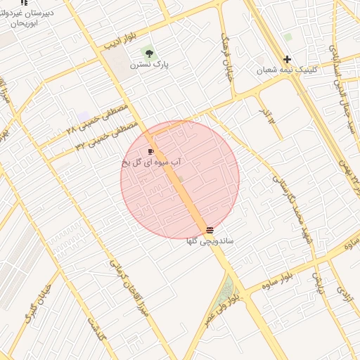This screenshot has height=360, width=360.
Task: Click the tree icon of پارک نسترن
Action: coord(148,53)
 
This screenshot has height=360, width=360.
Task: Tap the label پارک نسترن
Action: coord(149,65)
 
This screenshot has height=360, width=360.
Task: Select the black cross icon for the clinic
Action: coord(287,59)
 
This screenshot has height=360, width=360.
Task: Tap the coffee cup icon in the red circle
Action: coord(151,151)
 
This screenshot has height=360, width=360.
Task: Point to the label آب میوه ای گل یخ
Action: coord(152,162)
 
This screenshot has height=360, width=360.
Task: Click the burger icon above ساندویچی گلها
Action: coord(210,230)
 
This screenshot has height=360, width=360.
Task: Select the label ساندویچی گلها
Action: coord(210,241)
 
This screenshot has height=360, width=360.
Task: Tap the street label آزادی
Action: coord(344,299)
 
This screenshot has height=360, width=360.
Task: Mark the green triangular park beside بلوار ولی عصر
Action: coord(226,291)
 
